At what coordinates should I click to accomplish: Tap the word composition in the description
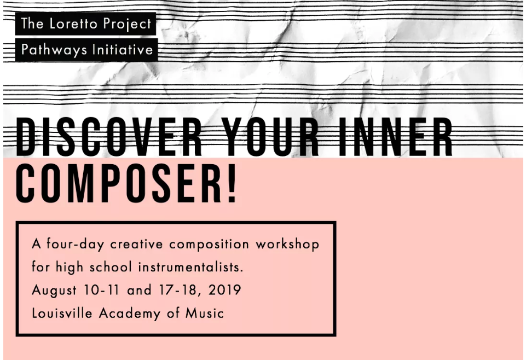[209, 245]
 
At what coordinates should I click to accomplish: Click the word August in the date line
[54, 291]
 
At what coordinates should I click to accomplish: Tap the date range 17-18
[176, 290]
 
